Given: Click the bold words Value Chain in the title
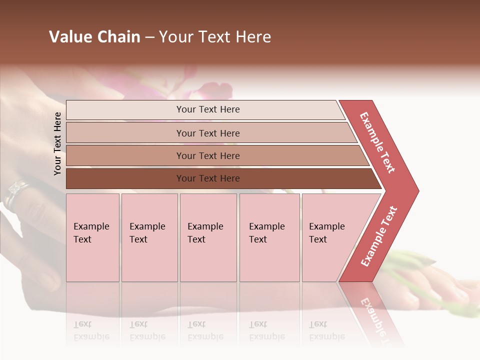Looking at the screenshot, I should pos(94,37).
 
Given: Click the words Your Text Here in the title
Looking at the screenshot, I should pos(215,37).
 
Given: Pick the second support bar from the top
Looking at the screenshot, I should pos(208,133).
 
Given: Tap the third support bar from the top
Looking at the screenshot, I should pos(208,155).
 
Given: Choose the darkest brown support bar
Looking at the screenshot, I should pos(208,178).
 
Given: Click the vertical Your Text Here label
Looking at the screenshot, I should pos(57,143).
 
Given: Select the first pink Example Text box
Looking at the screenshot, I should pos(92,237).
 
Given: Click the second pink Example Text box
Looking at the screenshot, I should pos(149,237).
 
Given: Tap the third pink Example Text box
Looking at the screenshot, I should pos(208,237).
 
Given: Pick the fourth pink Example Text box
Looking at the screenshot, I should pos(269,237).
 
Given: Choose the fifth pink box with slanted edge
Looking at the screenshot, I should pos(330,237).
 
